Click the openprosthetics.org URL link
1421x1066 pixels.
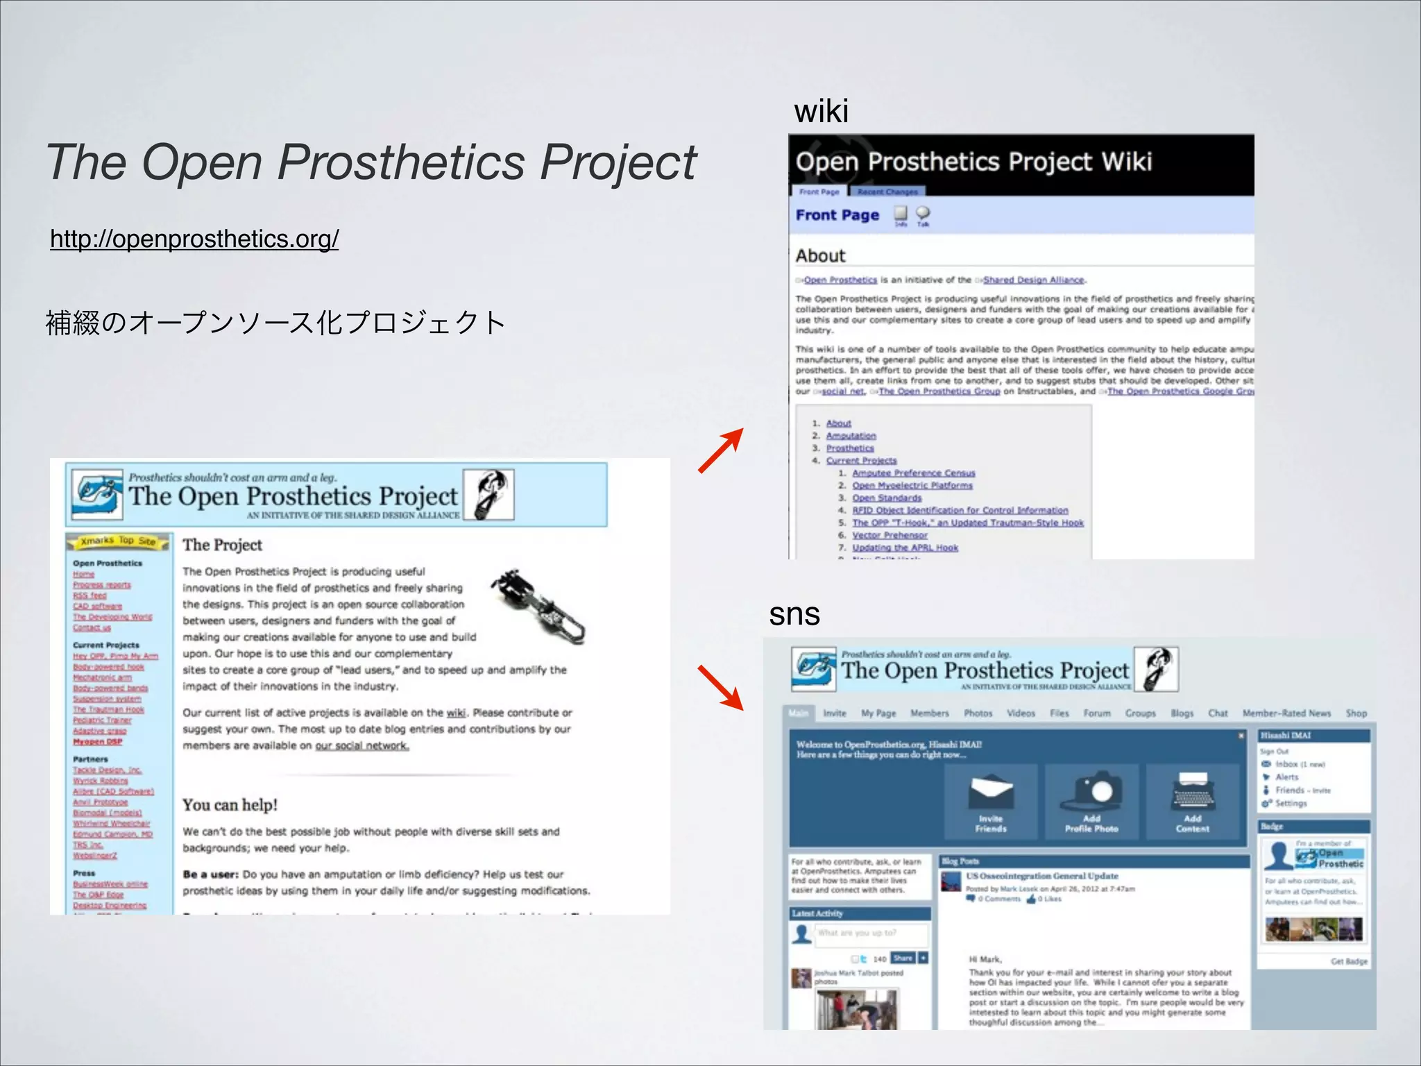point(194,239)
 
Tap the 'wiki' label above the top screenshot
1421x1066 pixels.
point(821,111)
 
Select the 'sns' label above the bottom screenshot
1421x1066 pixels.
point(794,614)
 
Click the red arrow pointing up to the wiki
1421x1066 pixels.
point(720,451)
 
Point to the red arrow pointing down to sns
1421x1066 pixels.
point(720,688)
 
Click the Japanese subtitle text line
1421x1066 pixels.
point(275,323)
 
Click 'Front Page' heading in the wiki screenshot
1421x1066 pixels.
point(837,215)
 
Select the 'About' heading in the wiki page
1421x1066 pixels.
point(820,256)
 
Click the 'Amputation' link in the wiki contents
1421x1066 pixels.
point(851,436)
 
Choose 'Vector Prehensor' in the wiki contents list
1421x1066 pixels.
point(890,535)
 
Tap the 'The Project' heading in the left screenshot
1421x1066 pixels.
point(222,545)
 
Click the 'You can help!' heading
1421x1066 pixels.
point(230,805)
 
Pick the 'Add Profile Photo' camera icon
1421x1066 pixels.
point(1091,792)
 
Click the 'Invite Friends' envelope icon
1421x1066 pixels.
point(991,792)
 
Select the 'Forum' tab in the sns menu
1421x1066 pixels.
point(1097,713)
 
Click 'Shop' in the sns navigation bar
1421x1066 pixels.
point(1356,713)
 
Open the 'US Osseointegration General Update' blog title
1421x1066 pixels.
point(1041,876)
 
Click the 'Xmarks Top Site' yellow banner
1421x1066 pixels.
point(117,541)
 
